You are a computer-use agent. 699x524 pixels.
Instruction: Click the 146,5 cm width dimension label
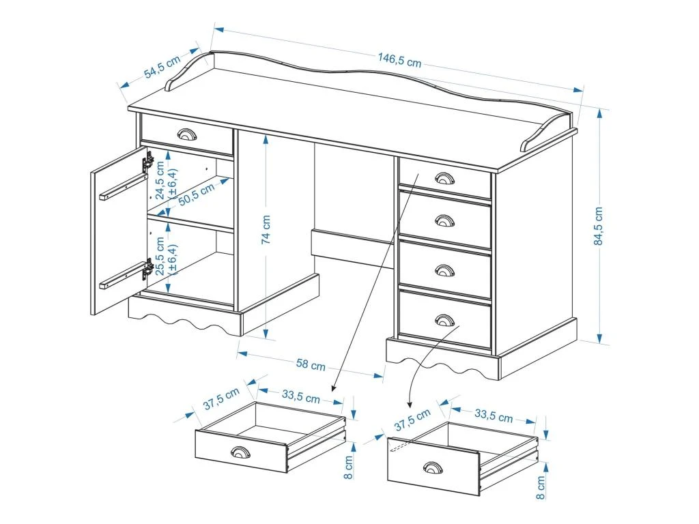click(399, 61)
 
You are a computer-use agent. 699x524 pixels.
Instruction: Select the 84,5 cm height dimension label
click(599, 225)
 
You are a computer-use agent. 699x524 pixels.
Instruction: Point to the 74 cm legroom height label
click(266, 229)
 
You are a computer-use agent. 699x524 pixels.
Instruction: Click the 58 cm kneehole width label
click(311, 365)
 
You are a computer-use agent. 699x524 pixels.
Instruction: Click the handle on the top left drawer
click(186, 134)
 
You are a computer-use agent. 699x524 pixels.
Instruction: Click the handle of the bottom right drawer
click(444, 319)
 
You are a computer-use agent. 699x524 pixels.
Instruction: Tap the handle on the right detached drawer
click(432, 467)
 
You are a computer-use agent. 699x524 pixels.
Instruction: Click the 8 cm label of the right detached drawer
click(541, 488)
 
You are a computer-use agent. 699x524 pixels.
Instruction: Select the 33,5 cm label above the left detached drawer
click(300, 396)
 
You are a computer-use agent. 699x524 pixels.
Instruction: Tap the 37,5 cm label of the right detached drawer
click(412, 420)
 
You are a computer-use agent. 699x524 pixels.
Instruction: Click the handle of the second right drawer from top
click(444, 220)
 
